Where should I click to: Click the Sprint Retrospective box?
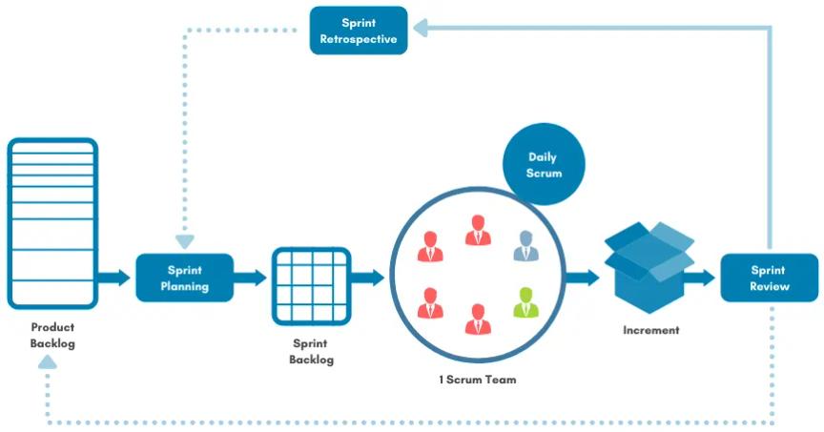click(358, 31)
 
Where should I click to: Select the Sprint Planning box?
click(184, 278)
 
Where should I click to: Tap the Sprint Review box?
click(769, 278)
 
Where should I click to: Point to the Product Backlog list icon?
click(52, 223)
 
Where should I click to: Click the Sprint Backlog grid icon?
click(311, 278)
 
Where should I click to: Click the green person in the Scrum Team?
click(525, 302)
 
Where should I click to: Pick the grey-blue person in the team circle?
click(525, 245)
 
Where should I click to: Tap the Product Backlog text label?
click(52, 335)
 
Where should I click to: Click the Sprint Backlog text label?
click(312, 350)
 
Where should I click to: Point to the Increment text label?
click(650, 330)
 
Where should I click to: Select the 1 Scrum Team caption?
click(477, 380)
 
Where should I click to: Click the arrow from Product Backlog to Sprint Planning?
click(115, 278)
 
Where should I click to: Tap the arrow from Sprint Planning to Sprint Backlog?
click(251, 278)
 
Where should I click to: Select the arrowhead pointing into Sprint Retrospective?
click(419, 31)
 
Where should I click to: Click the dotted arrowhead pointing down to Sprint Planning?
click(184, 241)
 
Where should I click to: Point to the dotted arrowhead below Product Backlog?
click(48, 361)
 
